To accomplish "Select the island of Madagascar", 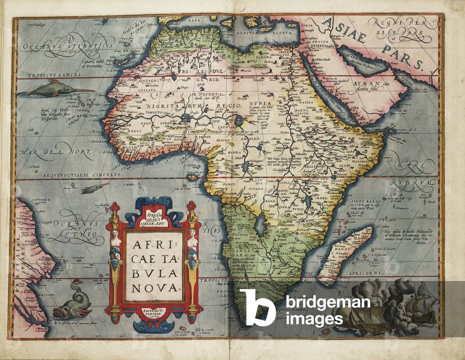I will [x=345, y=254].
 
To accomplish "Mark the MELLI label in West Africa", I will [x=119, y=129].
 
